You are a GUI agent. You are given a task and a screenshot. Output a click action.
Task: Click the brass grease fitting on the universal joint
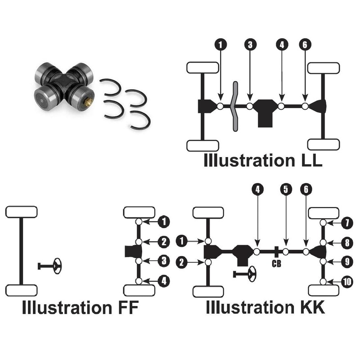tap(89, 103)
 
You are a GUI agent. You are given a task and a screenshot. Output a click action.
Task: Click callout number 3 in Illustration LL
tap(250, 45)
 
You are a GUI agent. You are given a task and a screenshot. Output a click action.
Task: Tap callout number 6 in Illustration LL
tap(305, 45)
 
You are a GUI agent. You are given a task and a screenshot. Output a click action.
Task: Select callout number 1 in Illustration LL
tap(220, 45)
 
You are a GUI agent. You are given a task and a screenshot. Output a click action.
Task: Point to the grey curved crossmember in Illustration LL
tap(234, 106)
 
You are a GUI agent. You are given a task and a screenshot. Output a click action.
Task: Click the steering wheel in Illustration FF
tap(57, 266)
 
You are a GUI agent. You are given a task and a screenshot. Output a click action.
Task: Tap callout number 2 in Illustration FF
tap(164, 242)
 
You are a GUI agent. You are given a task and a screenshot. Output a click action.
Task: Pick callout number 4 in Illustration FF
tap(164, 281)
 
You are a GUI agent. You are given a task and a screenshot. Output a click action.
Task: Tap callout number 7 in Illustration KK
tap(346, 222)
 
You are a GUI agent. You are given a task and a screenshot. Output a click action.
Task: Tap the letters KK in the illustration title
tap(311, 308)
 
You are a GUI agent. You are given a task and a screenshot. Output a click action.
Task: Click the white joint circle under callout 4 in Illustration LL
tap(281, 106)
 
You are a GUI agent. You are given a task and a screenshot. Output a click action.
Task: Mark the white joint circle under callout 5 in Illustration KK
tap(285, 252)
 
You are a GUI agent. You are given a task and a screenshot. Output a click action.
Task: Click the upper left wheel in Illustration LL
tap(202, 67)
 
